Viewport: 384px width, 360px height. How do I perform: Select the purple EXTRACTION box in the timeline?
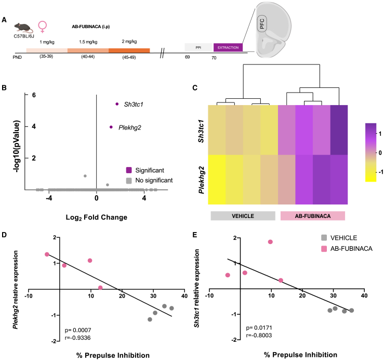[x=228, y=47]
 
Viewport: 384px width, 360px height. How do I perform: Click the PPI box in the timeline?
[x=198, y=47]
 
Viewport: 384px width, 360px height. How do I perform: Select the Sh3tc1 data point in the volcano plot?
[x=117, y=104]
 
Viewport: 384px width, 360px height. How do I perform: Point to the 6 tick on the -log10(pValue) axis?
[x=33, y=95]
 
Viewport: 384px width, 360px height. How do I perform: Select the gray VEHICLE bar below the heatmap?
[x=242, y=216]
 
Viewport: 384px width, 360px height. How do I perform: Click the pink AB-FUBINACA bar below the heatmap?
[x=313, y=216]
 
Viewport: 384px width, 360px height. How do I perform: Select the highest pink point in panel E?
[x=270, y=242]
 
